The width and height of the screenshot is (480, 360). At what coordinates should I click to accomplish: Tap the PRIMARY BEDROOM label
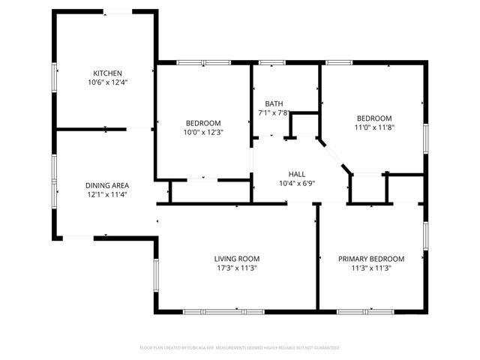[x=370, y=259]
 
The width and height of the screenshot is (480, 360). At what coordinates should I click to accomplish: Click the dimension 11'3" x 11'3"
[x=370, y=268]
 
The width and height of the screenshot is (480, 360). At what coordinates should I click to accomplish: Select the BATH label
[x=274, y=103]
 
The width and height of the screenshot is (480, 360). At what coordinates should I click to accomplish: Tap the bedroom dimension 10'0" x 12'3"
[x=203, y=132]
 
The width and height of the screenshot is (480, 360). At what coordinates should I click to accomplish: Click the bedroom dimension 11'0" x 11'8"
[x=373, y=127]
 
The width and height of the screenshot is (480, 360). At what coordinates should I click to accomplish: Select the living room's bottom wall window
[x=223, y=311]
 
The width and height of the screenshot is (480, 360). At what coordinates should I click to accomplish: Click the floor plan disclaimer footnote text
[x=240, y=348]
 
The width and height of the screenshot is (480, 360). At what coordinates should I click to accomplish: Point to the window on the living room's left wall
[x=156, y=275]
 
